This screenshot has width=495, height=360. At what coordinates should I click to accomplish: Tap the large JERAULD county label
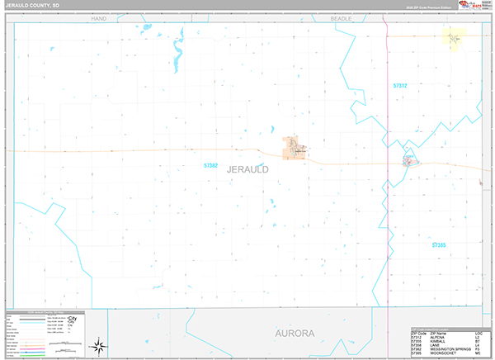246,168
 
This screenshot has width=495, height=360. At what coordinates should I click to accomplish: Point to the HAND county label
100,17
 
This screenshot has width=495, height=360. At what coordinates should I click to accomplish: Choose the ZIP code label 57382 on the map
211,165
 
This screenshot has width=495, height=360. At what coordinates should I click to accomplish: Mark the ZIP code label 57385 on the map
439,245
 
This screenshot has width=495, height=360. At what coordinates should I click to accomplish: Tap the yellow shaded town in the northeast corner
454,36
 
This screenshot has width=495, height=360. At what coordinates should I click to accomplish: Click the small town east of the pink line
408,159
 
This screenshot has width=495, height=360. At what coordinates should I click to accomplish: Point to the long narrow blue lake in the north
176,56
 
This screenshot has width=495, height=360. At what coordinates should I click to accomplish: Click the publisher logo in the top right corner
474,7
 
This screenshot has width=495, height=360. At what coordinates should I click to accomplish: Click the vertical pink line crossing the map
387,206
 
